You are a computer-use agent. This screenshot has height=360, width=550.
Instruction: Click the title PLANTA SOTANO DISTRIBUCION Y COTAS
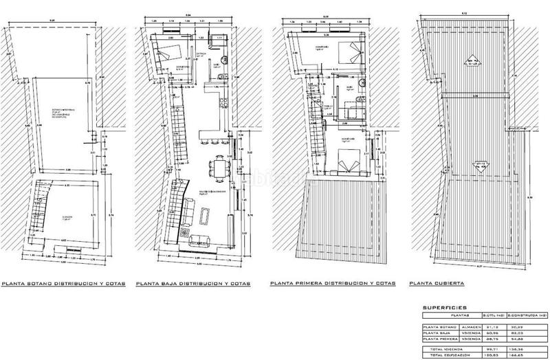tap(64, 283)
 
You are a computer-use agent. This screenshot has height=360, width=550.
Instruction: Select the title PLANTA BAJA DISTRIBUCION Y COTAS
tap(192, 283)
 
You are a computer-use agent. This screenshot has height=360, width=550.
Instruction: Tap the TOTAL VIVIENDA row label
tap(443, 348)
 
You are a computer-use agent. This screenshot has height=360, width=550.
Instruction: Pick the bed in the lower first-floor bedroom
tap(346, 159)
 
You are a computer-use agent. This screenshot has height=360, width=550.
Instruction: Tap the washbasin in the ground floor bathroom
tap(214, 77)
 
